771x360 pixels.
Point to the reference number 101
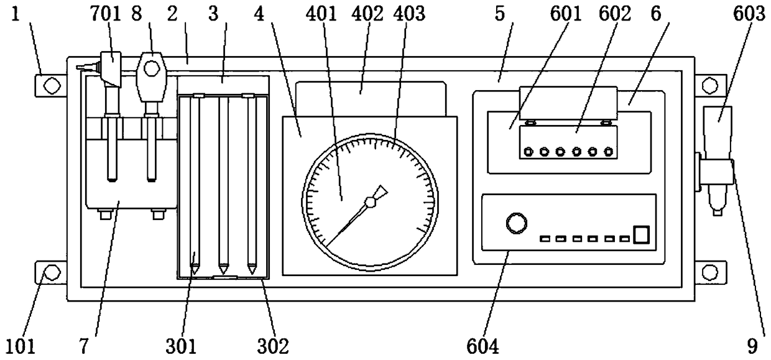(20, 344)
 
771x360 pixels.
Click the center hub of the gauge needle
(370, 201)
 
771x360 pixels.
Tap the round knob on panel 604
(515, 222)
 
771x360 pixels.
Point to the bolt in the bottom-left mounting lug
(52, 272)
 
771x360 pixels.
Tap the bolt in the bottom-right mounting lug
(710, 272)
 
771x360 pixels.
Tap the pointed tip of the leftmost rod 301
(195, 270)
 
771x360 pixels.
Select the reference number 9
(756, 344)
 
